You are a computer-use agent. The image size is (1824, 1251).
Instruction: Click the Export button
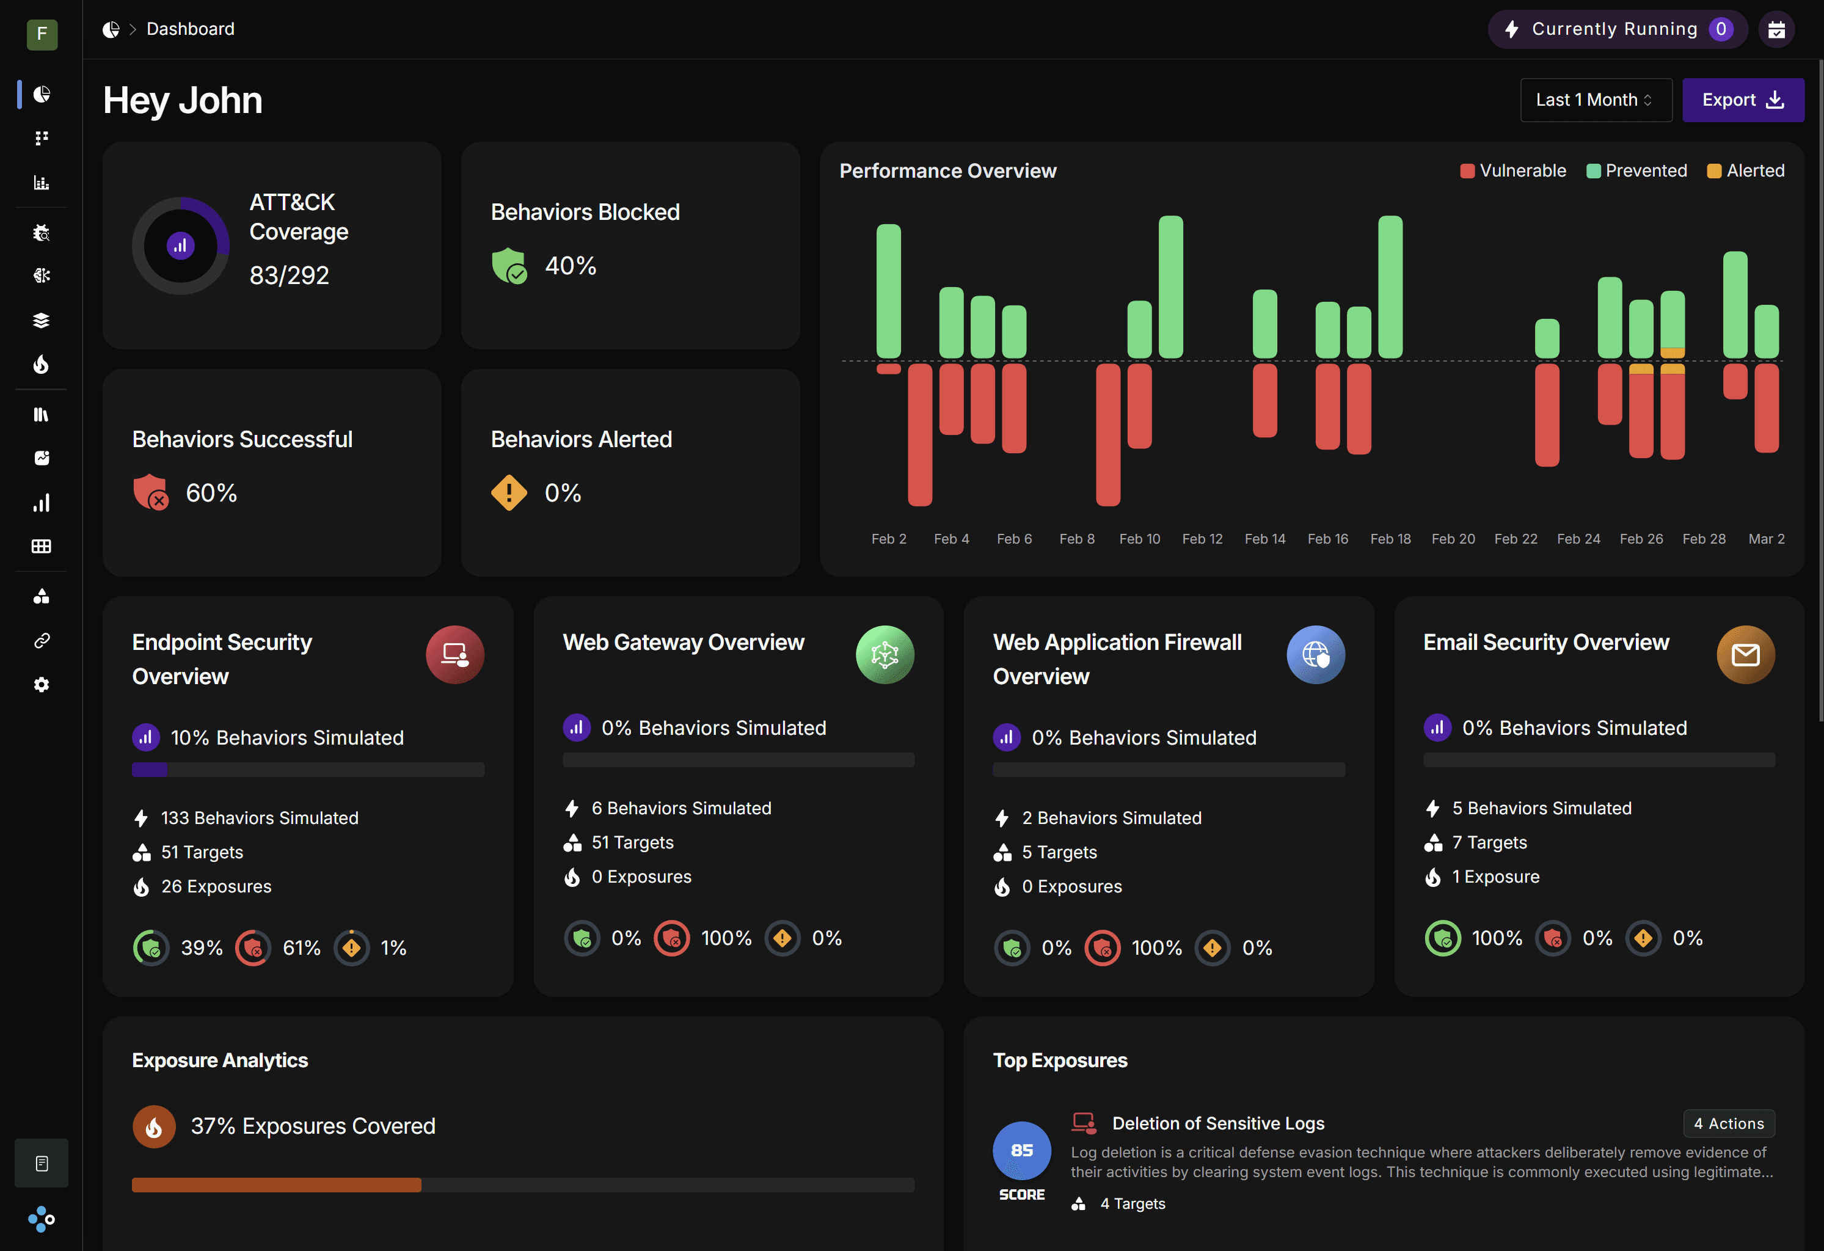(x=1742, y=100)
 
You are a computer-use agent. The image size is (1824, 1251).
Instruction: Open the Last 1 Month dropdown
(x=1595, y=100)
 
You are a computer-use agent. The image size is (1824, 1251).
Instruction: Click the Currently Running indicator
(x=1616, y=29)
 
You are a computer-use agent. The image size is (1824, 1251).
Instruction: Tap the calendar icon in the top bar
(x=1776, y=30)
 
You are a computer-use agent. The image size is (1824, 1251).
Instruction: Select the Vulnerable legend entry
(x=1512, y=170)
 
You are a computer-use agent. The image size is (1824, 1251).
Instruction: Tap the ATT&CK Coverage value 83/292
(x=289, y=275)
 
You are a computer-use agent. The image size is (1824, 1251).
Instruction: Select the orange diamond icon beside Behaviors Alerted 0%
(x=509, y=493)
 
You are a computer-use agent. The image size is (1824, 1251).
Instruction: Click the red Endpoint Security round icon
(x=454, y=655)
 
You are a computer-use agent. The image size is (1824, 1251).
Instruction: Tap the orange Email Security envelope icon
(x=1745, y=655)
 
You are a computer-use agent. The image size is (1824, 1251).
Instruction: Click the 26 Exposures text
(x=216, y=886)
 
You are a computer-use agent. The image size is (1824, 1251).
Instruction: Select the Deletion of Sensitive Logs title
(x=1217, y=1123)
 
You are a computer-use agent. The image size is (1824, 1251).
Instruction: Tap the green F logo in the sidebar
(x=42, y=34)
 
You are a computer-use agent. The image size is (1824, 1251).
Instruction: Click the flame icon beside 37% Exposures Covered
(x=154, y=1126)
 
